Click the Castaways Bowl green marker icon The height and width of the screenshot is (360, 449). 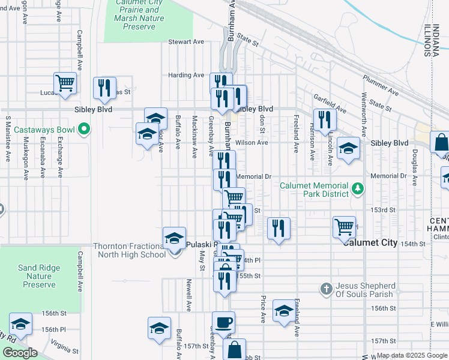tap(85, 128)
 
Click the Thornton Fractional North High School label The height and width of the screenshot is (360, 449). tap(129, 250)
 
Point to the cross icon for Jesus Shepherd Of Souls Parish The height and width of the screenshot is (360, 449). tap(326, 289)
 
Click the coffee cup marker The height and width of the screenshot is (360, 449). tap(223, 322)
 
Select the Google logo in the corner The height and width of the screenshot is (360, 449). tap(19, 353)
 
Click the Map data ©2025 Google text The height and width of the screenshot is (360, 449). tap(411, 355)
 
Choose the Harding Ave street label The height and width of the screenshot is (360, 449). tap(187, 75)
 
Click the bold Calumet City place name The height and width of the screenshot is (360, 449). tap(370, 242)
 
